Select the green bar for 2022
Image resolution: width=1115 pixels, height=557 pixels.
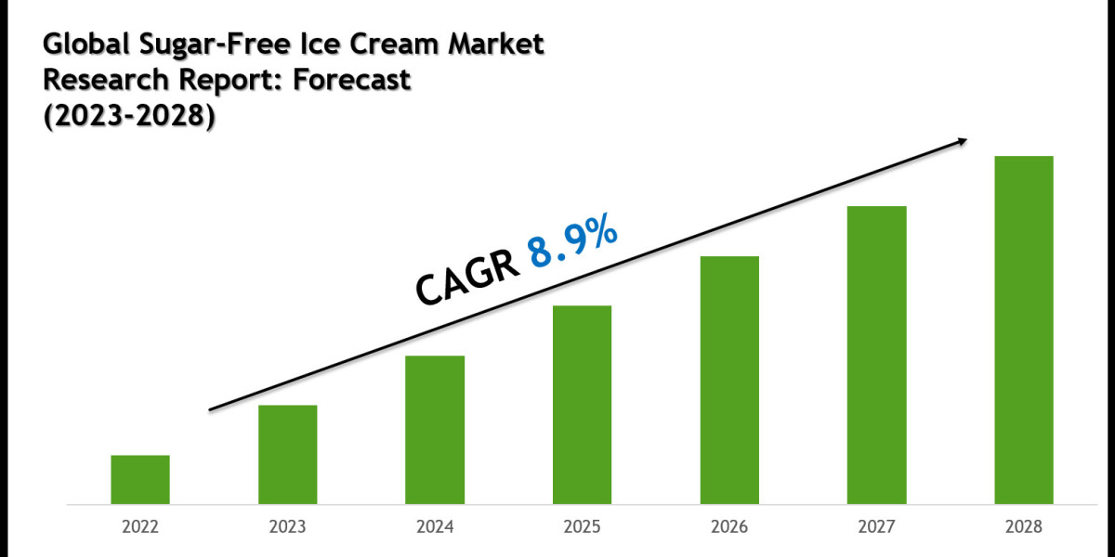[x=140, y=479]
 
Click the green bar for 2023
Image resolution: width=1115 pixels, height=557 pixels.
[x=287, y=454]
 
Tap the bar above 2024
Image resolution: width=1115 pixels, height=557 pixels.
[x=435, y=429]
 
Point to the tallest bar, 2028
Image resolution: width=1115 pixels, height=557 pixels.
[x=1024, y=330]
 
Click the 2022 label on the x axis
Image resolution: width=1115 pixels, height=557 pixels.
[x=140, y=526]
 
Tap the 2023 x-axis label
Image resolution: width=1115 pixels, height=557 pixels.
[x=287, y=526]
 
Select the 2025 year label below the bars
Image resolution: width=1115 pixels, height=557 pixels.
[x=582, y=526]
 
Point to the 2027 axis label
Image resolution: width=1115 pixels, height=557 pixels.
[x=876, y=526]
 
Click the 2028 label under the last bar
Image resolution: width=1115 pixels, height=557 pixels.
[x=1024, y=526]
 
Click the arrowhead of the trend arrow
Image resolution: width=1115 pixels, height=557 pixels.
[x=961, y=142]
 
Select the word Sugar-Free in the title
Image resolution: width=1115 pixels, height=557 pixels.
[x=188, y=44]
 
